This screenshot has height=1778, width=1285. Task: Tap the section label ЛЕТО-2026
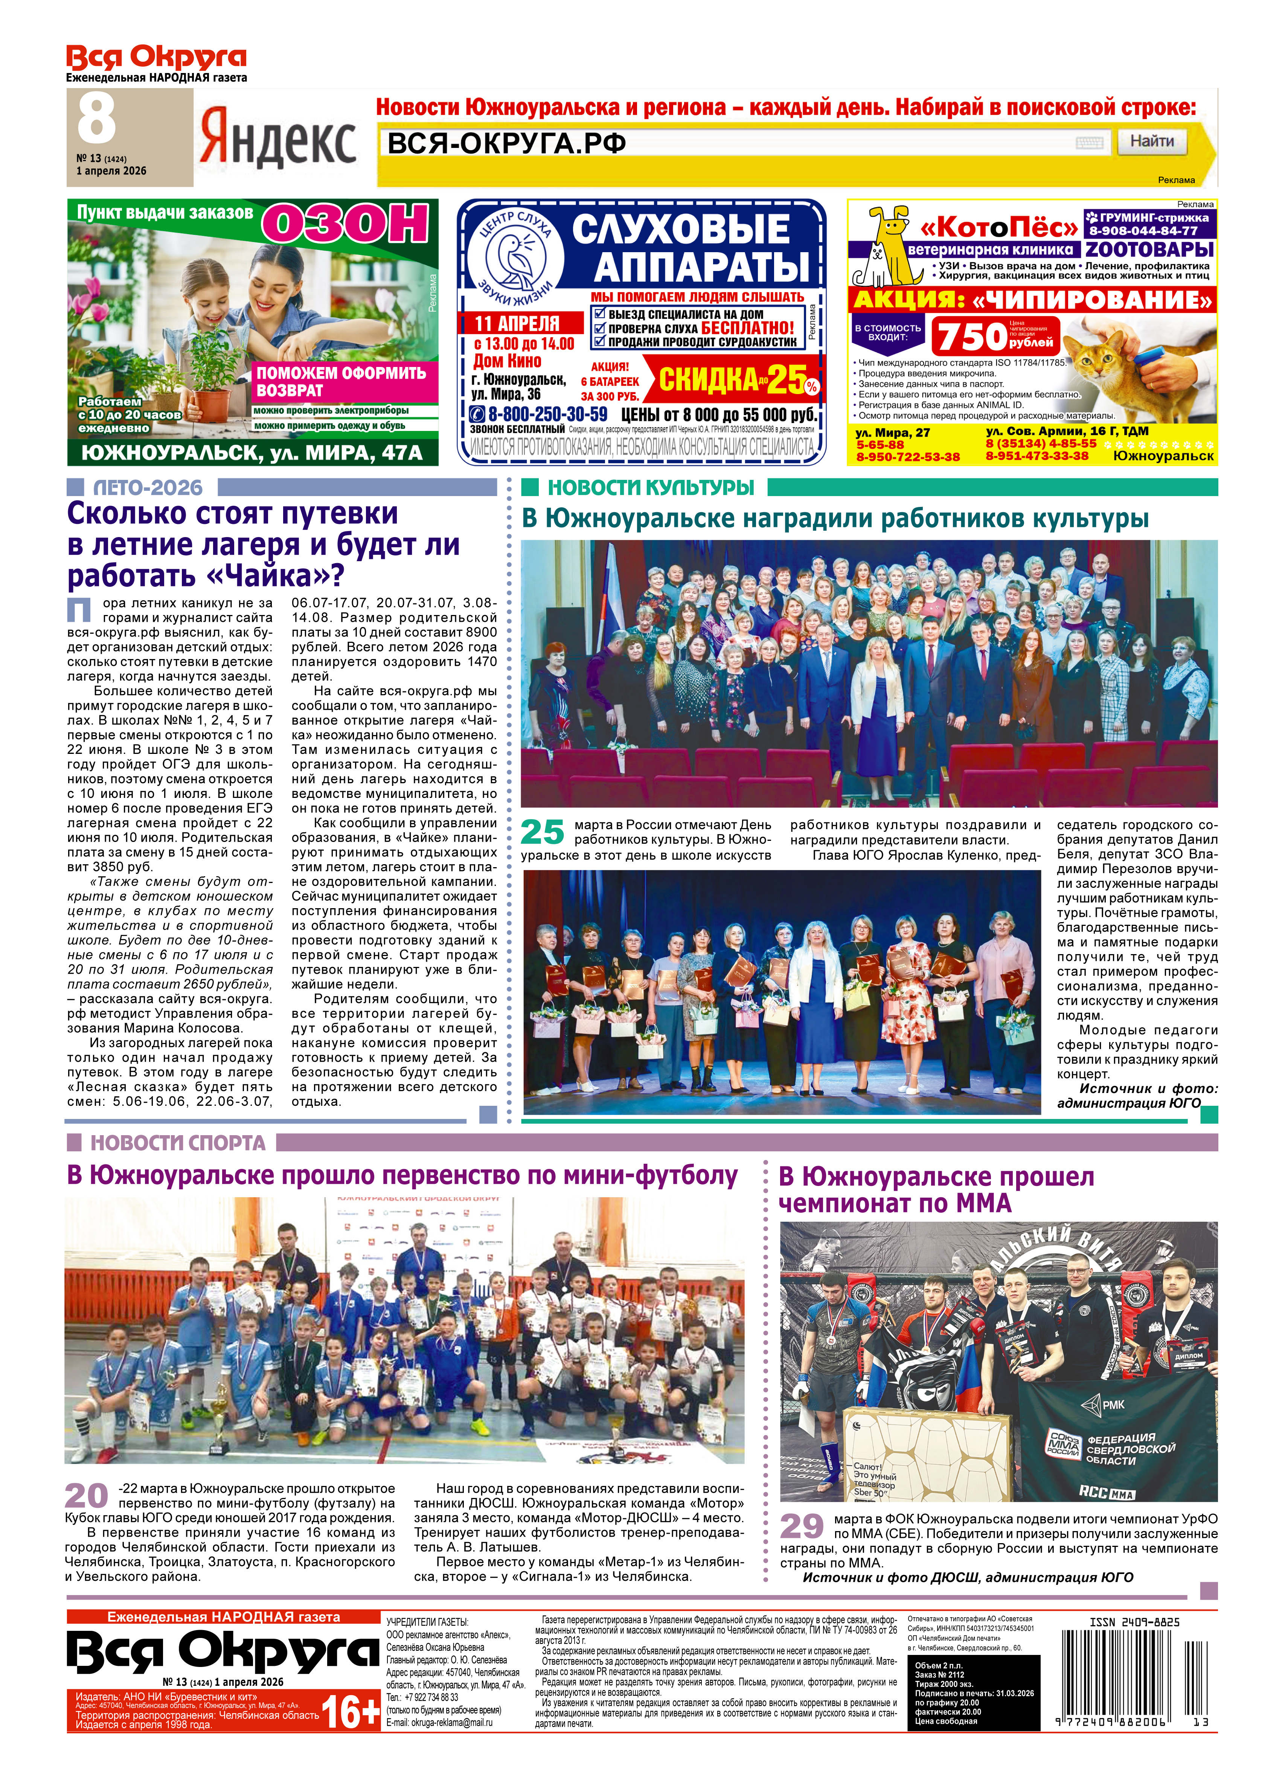pyautogui.click(x=147, y=488)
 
